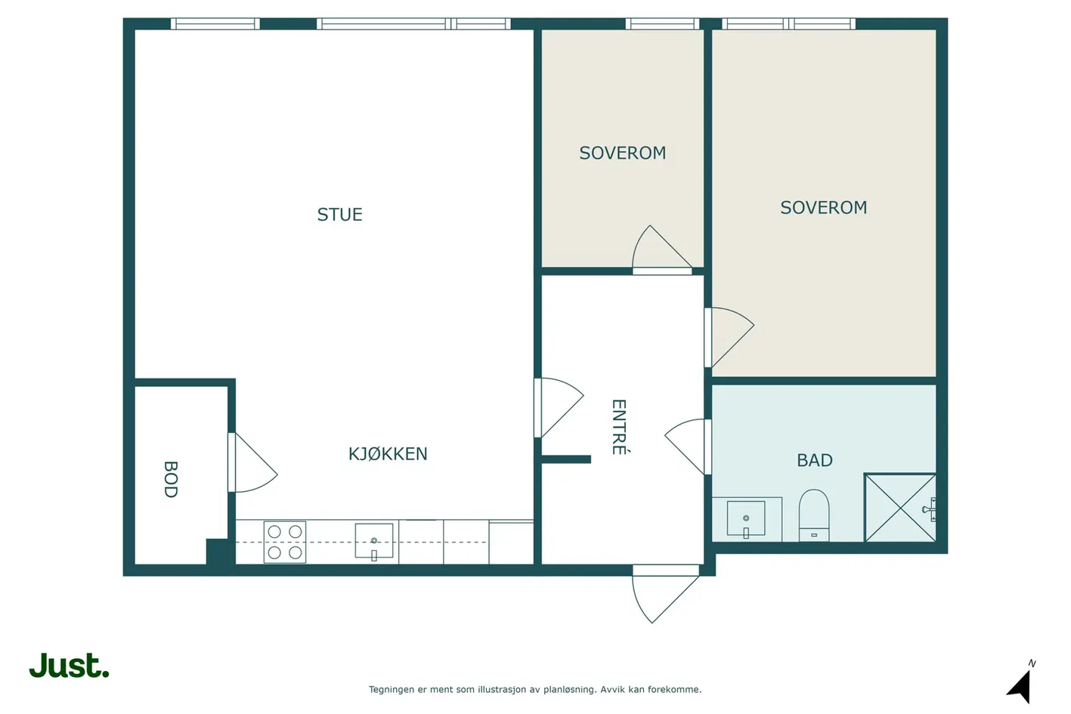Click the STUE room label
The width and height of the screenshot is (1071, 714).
(339, 215)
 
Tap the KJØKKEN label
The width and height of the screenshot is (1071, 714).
(388, 453)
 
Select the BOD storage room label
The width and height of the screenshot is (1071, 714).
(171, 479)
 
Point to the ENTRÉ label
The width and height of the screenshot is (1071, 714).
(619, 427)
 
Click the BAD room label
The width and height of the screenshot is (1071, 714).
(815, 460)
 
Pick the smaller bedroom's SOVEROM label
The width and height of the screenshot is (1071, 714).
(623, 153)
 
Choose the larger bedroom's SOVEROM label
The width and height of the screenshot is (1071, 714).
(823, 208)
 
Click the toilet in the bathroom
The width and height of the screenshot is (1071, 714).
(814, 515)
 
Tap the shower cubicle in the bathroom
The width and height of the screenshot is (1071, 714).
(900, 508)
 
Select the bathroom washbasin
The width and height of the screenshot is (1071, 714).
(746, 518)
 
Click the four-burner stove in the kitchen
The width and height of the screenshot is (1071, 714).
(284, 542)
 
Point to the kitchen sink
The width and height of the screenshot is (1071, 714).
(374, 541)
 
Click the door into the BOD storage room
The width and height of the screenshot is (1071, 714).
(252, 462)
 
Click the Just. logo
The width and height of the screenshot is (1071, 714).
(70, 665)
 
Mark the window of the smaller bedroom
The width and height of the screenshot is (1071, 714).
(662, 23)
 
